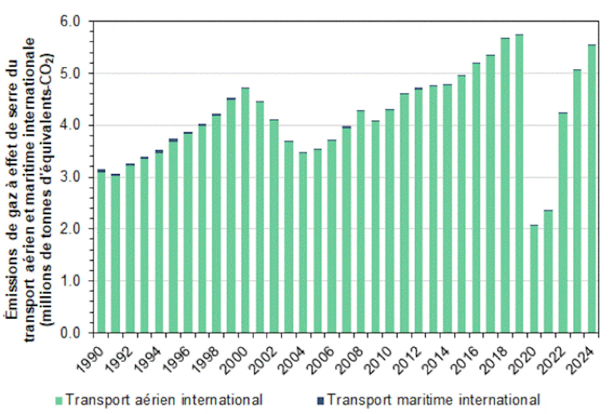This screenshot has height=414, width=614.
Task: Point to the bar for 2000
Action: tap(245, 210)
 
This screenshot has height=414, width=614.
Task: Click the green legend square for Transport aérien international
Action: tap(59, 400)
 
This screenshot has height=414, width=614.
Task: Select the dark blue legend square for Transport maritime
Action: tap(320, 400)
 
